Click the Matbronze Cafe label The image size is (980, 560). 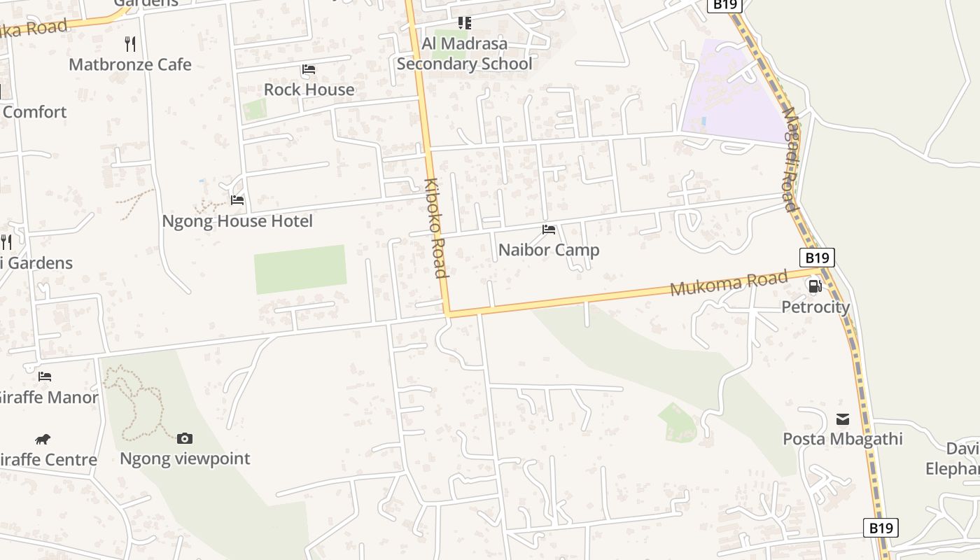pos(129,64)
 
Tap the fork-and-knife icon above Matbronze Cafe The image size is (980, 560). pos(129,44)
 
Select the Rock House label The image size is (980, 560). pos(309,90)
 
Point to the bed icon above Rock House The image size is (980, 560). pos(308,69)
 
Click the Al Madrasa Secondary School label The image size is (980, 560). pos(464,54)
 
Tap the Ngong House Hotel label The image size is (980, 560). pos(237,221)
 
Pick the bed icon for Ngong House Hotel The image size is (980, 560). pos(237,200)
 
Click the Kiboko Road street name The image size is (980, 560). pos(435,227)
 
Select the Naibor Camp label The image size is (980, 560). pos(549,250)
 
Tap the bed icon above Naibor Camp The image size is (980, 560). pos(549,229)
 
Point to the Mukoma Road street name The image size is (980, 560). pos(729,284)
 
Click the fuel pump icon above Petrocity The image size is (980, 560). pos(815,286)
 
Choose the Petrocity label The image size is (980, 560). pos(815,307)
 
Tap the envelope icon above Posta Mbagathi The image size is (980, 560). pos(843,419)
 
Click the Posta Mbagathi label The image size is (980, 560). pos(843,439)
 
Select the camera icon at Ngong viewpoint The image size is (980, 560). pos(185,438)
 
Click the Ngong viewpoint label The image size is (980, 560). pos(185,459)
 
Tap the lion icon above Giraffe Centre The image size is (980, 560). pos(43,439)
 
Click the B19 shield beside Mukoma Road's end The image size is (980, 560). pos(817,258)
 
